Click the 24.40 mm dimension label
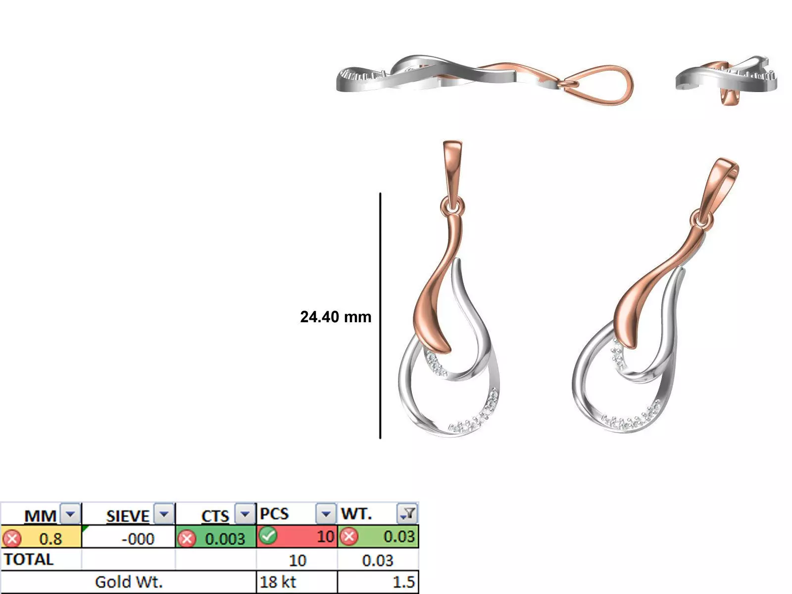pos(336,317)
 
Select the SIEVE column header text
pos(127,516)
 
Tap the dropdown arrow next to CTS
pos(245,514)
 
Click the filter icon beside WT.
pos(407,514)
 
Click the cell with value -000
pos(138,538)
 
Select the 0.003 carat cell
pos(225,538)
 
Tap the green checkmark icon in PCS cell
pos(268,536)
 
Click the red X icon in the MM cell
pos(12,538)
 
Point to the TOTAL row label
pos(29,559)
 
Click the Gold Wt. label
pos(129,582)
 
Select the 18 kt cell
pos(278,582)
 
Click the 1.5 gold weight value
pos(403,582)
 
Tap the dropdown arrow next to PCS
pos(326,514)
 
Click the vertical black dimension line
pos(380,317)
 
